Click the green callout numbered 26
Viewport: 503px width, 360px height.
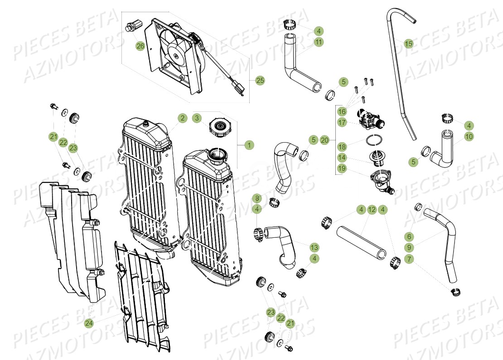140,46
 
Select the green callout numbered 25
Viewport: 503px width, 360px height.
260,81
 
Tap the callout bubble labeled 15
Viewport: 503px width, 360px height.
408,43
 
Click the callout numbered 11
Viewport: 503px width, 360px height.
319,42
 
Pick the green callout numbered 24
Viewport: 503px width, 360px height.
89,323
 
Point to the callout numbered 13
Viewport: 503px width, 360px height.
314,247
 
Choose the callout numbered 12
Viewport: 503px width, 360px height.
372,210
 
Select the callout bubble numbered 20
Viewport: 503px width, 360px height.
324,140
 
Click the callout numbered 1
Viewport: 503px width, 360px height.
248,145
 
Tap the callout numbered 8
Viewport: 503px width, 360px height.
257,198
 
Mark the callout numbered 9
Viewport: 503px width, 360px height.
409,248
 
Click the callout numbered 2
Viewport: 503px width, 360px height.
182,118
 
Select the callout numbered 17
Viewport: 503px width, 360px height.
342,122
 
